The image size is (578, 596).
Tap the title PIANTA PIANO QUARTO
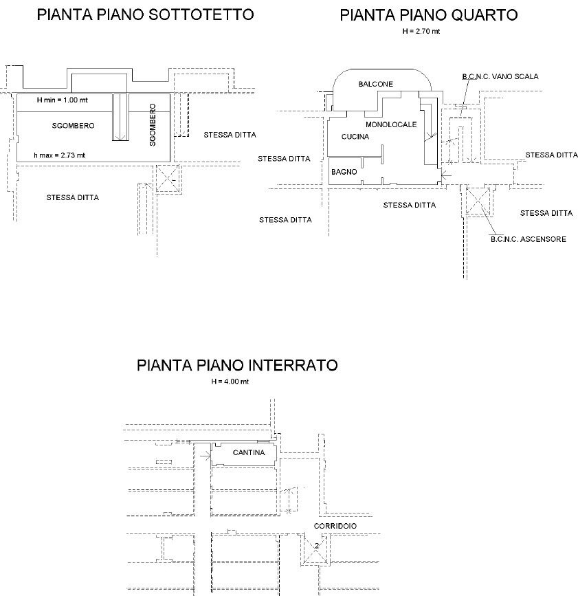429,15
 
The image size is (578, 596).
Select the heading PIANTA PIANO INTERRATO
237,365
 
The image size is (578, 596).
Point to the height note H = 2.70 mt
421,32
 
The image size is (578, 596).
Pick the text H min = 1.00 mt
62,100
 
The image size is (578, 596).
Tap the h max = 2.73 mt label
59,155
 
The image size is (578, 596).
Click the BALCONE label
375,84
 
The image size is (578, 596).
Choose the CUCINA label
355,137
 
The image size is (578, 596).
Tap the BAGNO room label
344,172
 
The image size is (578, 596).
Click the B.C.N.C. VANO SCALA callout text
500,76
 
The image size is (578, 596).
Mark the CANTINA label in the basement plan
249,452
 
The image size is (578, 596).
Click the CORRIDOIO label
335,526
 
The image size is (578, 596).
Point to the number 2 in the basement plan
315,547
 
